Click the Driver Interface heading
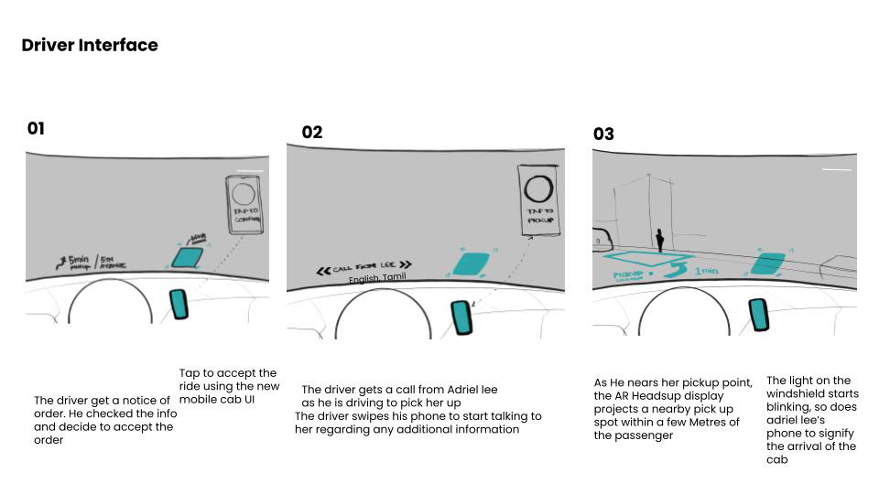tap(90, 45)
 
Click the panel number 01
tap(36, 129)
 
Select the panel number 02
tap(312, 133)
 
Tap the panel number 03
tap(603, 134)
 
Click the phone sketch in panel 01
tap(244, 204)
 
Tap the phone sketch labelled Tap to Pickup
tap(539, 199)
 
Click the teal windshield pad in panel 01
tap(189, 256)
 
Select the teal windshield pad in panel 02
tap(472, 263)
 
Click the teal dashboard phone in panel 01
tap(179, 304)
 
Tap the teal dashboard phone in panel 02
tap(462, 317)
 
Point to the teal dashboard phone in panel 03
tap(759, 315)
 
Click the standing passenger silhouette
tap(659, 240)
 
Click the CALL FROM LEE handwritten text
tap(364, 268)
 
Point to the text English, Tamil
tap(376, 278)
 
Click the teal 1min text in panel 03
tap(706, 271)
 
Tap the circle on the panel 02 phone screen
tap(539, 188)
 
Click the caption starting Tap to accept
tap(228, 386)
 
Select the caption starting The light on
tap(811, 420)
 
